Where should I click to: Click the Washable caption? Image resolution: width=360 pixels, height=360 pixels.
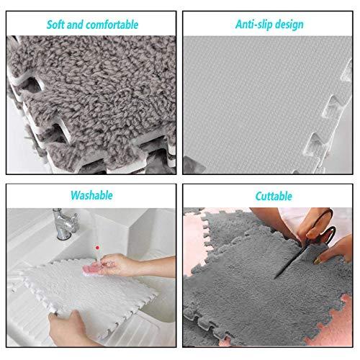coord(91,194)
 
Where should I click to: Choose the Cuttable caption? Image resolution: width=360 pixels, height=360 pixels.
coord(273,195)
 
